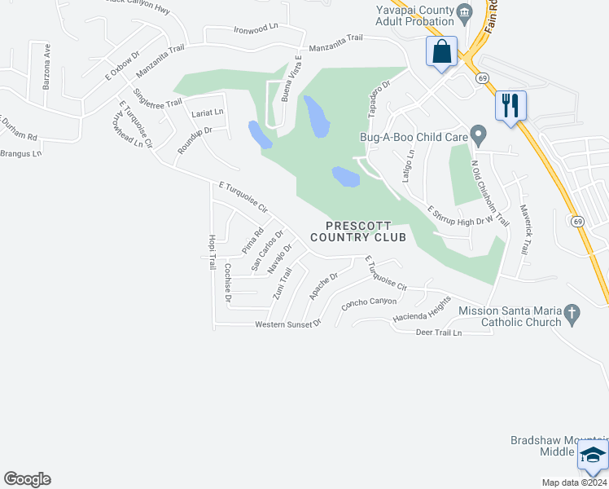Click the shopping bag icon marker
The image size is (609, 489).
pos(441,51)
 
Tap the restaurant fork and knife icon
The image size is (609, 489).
pos(510,105)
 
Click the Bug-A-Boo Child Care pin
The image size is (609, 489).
pos(478,133)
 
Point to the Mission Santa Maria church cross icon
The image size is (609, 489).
pos(572,312)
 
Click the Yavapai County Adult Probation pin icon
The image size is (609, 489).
pos(464,11)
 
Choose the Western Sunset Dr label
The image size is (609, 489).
pos(288,324)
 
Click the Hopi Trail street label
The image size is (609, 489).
pos(211,252)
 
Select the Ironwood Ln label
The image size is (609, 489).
pos(256,29)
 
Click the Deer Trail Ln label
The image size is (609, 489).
pos(439,333)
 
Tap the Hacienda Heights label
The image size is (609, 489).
pos(421,316)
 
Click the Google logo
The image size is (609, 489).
pos(27,479)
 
